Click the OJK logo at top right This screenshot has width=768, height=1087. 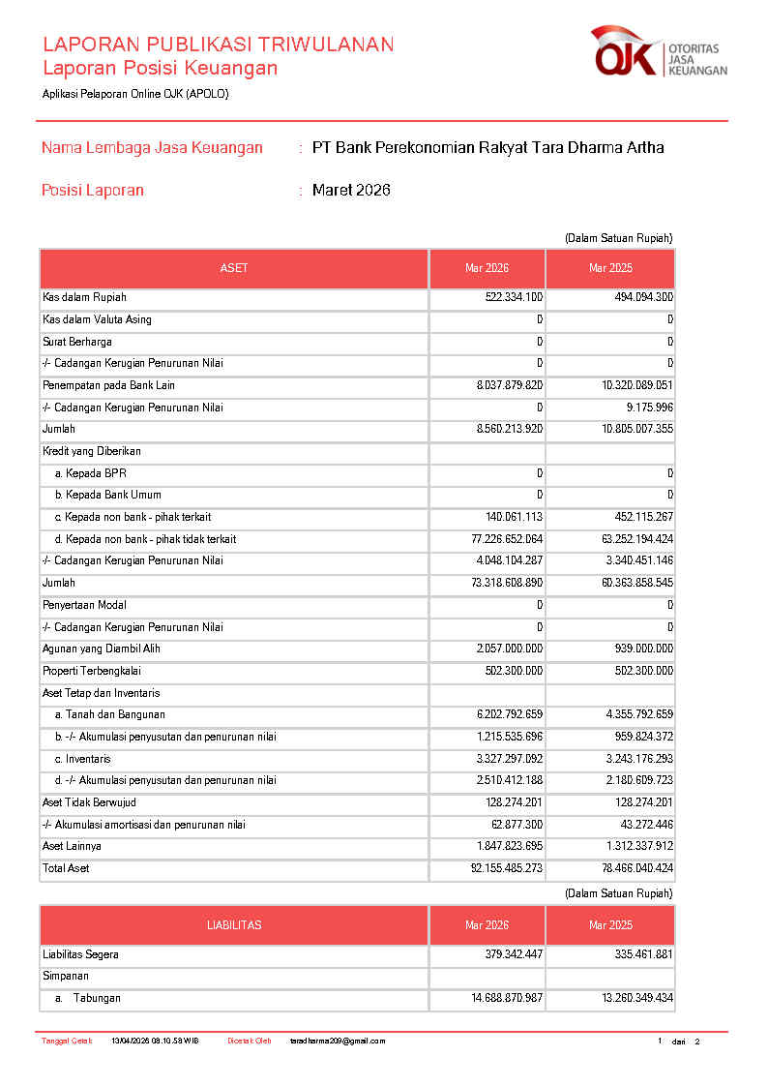click(658, 52)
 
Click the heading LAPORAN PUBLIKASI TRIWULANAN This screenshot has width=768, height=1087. click(218, 45)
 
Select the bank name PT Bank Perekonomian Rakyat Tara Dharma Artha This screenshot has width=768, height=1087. click(487, 148)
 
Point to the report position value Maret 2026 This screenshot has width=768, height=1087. click(351, 191)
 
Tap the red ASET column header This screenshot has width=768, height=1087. click(233, 268)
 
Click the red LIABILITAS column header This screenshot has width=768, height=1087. click(233, 925)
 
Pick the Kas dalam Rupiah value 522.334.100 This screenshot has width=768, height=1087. click(514, 297)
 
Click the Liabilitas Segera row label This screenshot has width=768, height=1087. click(80, 954)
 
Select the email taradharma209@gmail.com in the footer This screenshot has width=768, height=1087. click(338, 1042)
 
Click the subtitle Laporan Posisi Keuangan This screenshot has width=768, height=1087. click(160, 68)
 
